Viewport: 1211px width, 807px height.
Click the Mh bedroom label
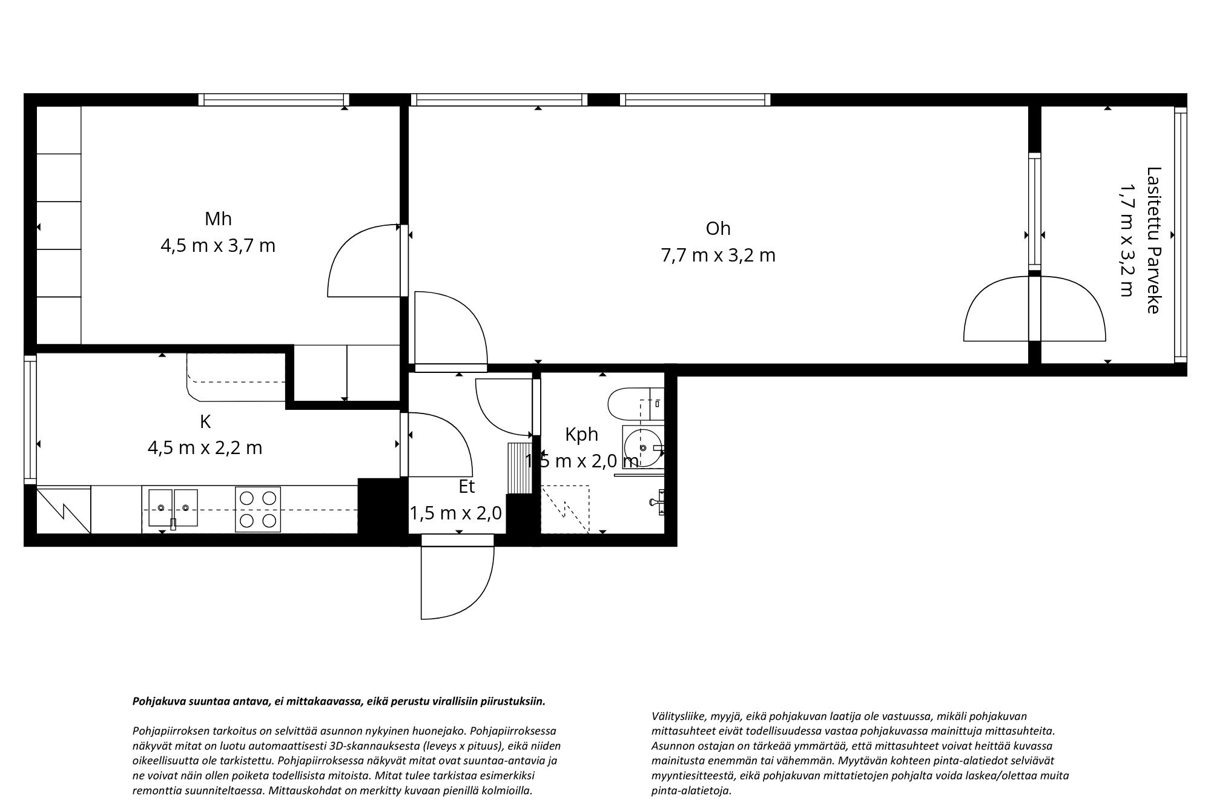click(x=218, y=219)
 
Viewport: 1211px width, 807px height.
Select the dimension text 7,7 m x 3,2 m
click(x=718, y=255)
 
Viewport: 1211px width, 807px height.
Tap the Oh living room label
click(x=718, y=229)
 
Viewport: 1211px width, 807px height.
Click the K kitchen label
click(x=205, y=422)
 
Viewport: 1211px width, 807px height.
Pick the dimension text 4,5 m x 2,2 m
click(x=205, y=448)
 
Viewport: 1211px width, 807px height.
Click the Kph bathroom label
click(x=581, y=435)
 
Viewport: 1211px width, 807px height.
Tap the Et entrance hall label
click(x=467, y=487)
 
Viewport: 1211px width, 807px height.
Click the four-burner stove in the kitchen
click(x=258, y=510)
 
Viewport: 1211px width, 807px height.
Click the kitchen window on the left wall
click(x=30, y=418)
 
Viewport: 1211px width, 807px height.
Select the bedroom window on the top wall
click(x=274, y=100)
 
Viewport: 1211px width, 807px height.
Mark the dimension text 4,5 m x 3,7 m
click(x=218, y=246)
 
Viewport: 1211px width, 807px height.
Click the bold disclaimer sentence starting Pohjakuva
click(x=339, y=702)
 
